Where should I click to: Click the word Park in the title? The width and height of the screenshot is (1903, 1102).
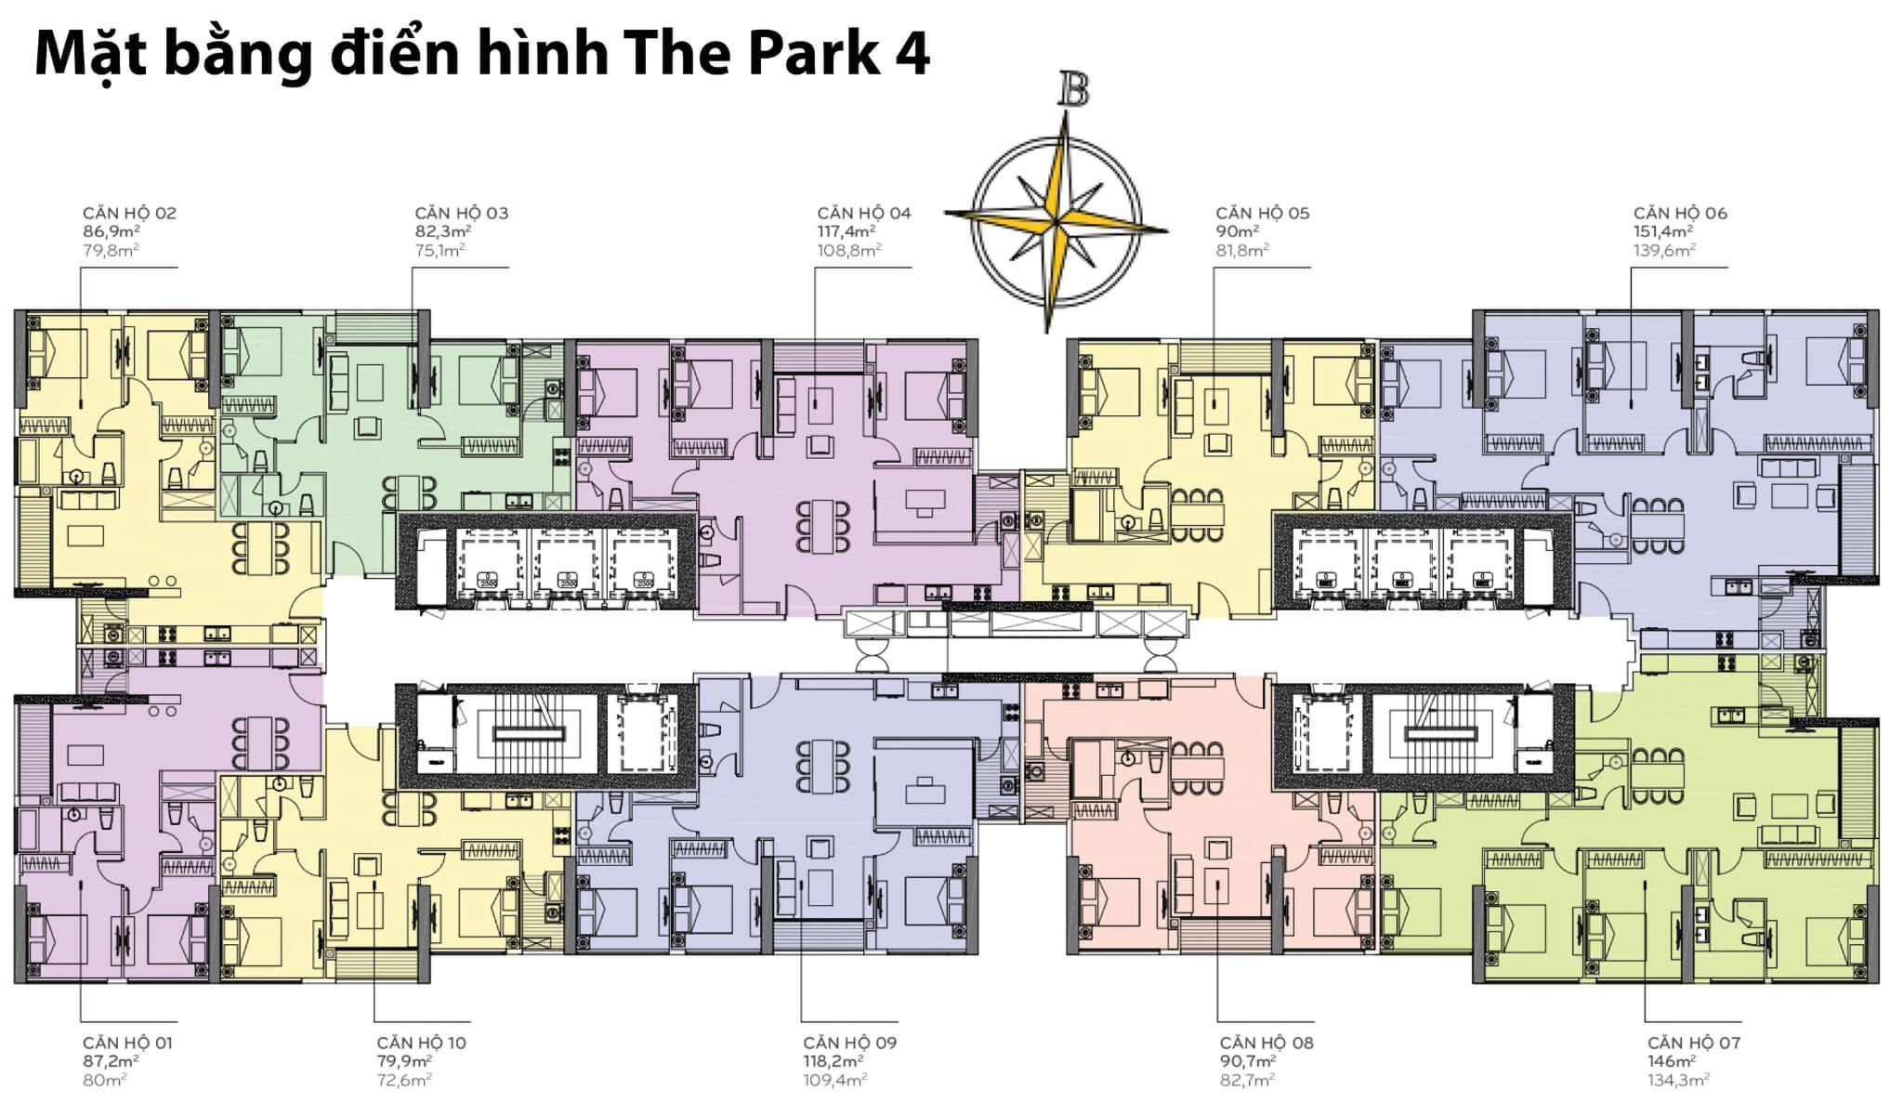click(x=814, y=54)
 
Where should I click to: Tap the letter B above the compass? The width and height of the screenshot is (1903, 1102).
click(x=1073, y=90)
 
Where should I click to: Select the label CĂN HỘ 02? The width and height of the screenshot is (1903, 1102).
click(x=129, y=213)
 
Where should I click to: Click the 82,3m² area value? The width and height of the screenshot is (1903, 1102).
click(x=442, y=231)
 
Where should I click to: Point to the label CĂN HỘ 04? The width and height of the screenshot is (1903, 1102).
click(x=864, y=213)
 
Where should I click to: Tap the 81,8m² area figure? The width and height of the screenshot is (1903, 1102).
click(x=1242, y=250)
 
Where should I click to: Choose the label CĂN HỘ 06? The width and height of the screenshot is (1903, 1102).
click(x=1680, y=213)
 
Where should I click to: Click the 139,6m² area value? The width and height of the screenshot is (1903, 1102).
click(x=1664, y=250)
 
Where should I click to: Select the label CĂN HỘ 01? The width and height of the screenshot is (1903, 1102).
click(x=127, y=1043)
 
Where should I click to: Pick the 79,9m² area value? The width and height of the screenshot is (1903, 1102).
click(x=404, y=1061)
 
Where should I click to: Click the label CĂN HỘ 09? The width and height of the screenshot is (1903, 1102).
click(x=850, y=1043)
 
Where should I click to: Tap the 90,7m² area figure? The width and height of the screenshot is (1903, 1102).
click(x=1248, y=1061)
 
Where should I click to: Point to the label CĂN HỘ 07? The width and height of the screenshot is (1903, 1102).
click(x=1694, y=1043)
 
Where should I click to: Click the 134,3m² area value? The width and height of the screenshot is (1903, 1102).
click(x=1678, y=1080)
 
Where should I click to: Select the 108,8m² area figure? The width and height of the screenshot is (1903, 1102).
click(x=849, y=250)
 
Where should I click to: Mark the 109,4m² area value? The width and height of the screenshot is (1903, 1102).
click(x=835, y=1080)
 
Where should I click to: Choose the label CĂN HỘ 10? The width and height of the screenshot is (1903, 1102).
click(x=422, y=1043)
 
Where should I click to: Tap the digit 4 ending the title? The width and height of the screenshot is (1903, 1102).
click(x=912, y=54)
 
